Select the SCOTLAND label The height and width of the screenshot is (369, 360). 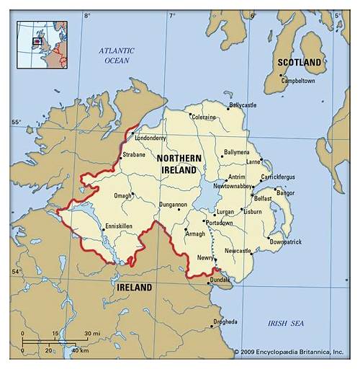(300, 63)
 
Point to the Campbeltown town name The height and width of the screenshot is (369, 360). (298, 81)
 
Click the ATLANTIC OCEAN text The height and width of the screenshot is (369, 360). (117, 55)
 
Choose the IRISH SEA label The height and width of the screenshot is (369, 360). (286, 324)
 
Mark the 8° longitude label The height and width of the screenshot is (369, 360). (87, 16)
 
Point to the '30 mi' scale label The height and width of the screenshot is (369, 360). (92, 333)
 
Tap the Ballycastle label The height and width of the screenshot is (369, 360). (243, 105)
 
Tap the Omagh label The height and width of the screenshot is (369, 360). (123, 195)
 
